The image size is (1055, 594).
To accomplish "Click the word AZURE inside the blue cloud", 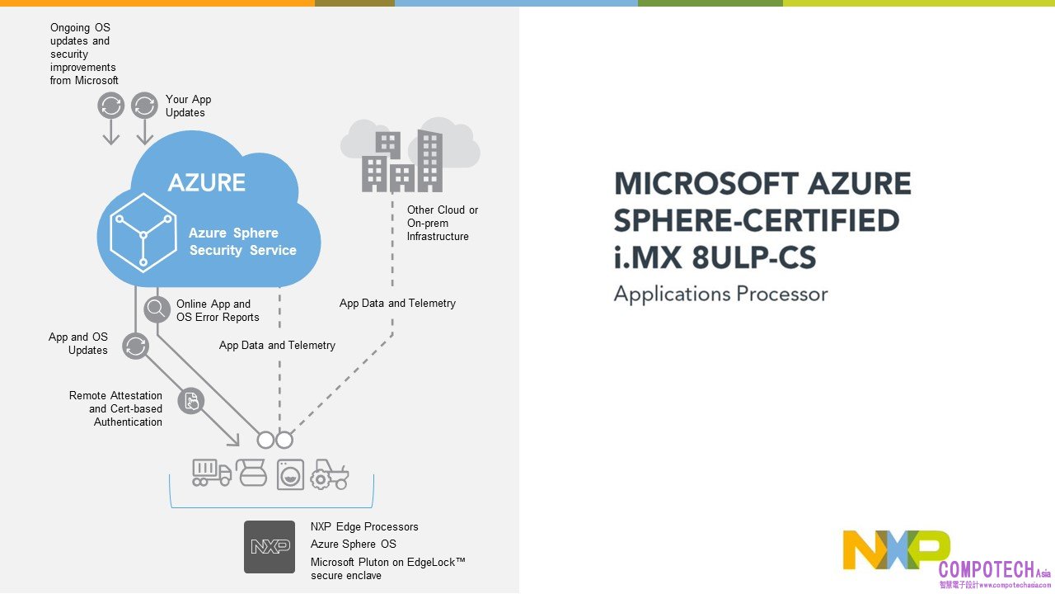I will (x=207, y=182).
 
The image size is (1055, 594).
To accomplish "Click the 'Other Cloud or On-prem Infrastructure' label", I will (x=442, y=223).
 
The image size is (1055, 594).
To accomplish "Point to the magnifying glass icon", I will (x=156, y=309).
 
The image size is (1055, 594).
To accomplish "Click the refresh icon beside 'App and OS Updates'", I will (x=135, y=346).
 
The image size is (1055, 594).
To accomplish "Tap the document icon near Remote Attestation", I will (x=190, y=402).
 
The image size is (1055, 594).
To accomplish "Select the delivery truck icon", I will (x=211, y=473).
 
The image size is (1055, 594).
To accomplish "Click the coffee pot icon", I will (x=252, y=473).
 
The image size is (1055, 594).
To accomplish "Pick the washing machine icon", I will (x=290, y=474).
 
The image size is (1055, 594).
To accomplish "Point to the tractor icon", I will (x=330, y=474).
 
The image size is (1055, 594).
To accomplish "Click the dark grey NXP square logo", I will (x=270, y=546).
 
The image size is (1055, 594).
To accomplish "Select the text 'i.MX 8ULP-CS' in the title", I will (x=715, y=258).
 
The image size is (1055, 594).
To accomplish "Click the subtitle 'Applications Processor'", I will (x=720, y=294).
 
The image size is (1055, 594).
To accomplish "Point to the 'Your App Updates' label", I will (x=188, y=106).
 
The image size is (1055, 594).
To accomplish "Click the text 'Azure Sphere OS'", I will (x=353, y=544).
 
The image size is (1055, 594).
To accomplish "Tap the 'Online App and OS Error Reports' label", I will (x=218, y=310).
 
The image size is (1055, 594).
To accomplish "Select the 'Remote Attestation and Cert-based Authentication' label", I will (x=115, y=408).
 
